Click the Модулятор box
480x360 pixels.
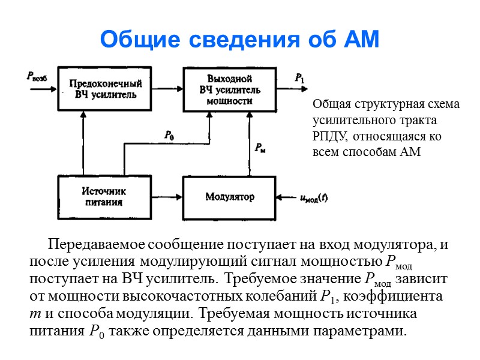(x=229, y=197)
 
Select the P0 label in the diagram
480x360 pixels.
(x=169, y=136)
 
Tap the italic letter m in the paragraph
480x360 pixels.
(x=34, y=314)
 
